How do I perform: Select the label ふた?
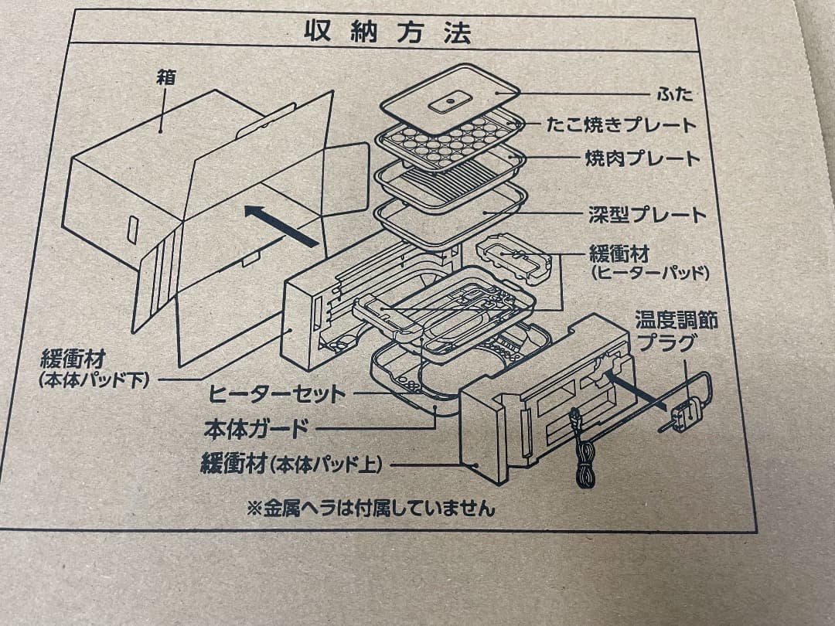pos(674,94)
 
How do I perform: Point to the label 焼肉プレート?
pos(642,159)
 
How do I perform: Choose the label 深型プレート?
pos(646,214)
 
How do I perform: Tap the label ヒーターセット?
pos(278,393)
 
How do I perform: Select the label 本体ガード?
pos(256,427)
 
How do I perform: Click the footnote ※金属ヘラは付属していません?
pos(370,508)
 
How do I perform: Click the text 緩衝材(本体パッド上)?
pos(291,464)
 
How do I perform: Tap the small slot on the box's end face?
pos(132,230)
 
